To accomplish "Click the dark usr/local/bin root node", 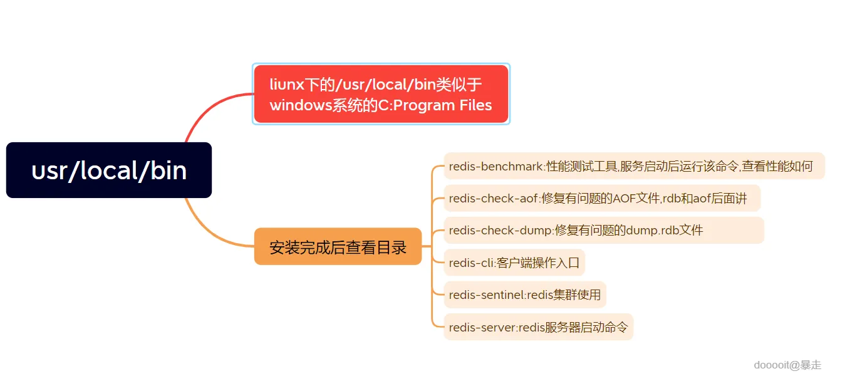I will click(x=109, y=170).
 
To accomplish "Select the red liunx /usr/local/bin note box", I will click(x=381, y=94).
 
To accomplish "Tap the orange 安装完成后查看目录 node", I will click(x=338, y=247).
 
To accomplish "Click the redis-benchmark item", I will click(x=633, y=166).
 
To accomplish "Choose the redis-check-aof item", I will click(x=601, y=199).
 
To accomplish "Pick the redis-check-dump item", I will click(x=603, y=231).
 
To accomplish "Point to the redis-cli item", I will click(x=514, y=263).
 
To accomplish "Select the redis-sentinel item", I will click(x=524, y=295).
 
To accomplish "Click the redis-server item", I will click(x=538, y=327).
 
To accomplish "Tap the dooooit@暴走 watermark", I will click(x=787, y=365).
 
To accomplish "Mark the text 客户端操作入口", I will click(x=538, y=263).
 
